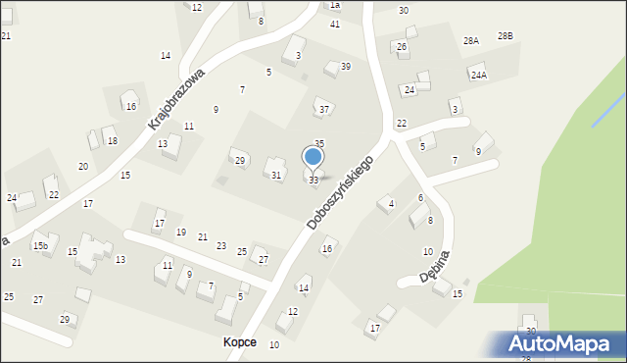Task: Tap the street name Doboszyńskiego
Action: (340, 191)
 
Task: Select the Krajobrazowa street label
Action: (176, 99)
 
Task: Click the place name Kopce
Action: (239, 341)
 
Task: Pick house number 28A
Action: (471, 41)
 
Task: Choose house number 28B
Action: (505, 35)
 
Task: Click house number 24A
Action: (478, 75)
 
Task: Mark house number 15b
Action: (40, 245)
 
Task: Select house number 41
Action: (335, 24)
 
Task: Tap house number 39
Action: (346, 67)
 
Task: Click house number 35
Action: (319, 144)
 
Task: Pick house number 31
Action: (276, 176)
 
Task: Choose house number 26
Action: (402, 47)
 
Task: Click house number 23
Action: (221, 245)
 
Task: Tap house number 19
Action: (181, 233)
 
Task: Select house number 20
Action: (83, 167)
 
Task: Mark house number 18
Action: (113, 141)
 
